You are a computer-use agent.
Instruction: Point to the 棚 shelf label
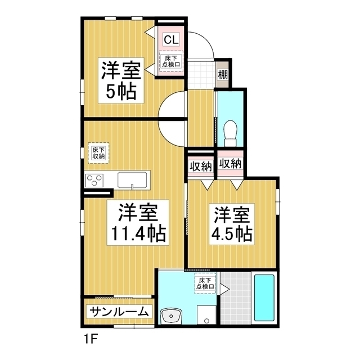pyautogui.click(x=223, y=73)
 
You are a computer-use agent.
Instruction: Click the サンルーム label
pyautogui.click(x=119, y=312)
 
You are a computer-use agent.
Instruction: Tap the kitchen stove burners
pyautogui.click(x=94, y=181)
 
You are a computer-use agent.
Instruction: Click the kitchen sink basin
pyautogui.click(x=133, y=181)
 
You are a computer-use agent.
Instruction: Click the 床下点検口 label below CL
pyautogui.click(x=171, y=61)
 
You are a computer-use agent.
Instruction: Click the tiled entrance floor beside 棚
pyautogui.click(x=200, y=73)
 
